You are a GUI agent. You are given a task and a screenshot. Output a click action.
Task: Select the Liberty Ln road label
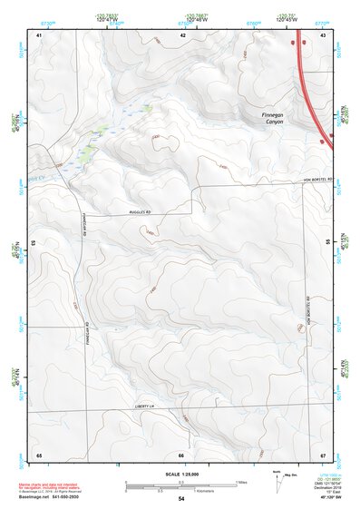click(144, 406)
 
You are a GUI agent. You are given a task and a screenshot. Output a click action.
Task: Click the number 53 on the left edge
click(34, 243)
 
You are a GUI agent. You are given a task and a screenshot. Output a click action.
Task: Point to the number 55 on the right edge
click(328, 243)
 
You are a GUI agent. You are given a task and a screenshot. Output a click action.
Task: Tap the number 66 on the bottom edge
click(181, 454)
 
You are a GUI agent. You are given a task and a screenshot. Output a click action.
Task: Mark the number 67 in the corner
click(324, 454)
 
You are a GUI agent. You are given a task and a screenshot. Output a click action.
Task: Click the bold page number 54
click(181, 499)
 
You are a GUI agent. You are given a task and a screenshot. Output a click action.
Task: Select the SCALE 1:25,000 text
click(181, 475)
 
